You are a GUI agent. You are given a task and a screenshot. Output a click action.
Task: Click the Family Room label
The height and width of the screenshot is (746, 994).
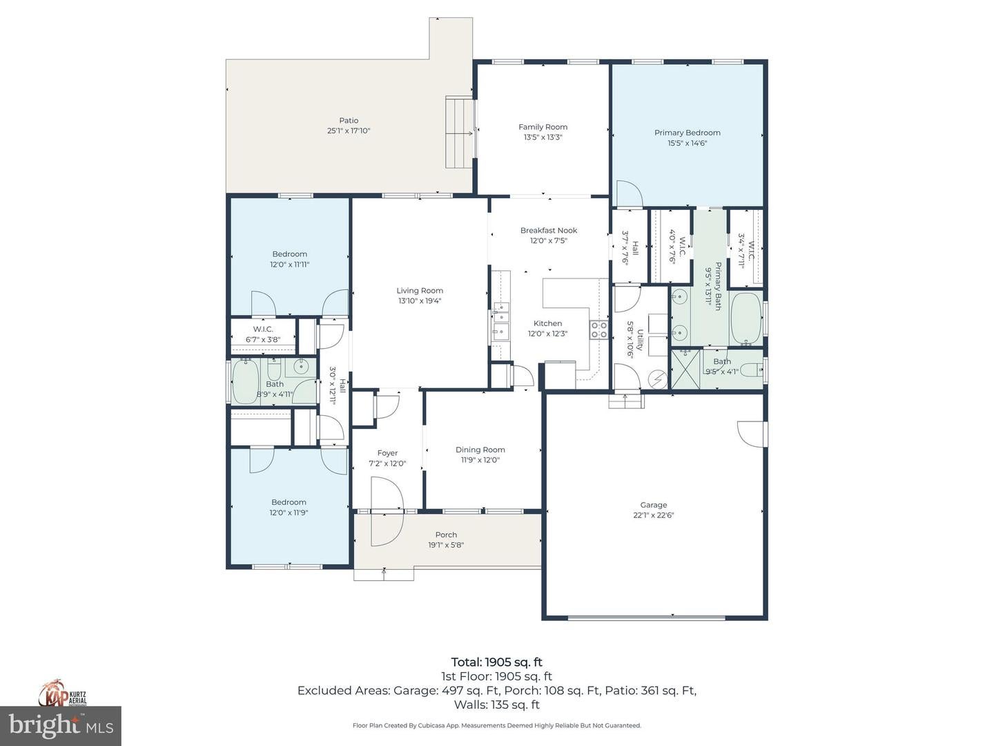[543, 127]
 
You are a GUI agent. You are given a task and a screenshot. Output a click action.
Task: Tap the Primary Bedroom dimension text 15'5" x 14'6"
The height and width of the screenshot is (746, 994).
[687, 144]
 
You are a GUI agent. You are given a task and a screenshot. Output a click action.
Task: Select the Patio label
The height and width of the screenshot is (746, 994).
[349, 121]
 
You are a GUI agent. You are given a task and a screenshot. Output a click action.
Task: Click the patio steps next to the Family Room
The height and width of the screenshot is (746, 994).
[458, 132]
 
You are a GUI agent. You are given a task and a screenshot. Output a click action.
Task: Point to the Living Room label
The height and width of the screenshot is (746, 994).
[420, 291]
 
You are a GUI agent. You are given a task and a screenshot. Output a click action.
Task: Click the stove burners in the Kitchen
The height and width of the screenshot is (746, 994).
[598, 329]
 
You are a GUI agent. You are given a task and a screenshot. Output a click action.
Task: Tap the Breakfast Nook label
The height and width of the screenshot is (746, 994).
[549, 231]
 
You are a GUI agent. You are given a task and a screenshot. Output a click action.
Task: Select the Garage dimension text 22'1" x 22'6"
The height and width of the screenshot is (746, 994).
[653, 515]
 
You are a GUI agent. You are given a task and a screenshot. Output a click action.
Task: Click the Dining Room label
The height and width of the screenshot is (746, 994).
[480, 450]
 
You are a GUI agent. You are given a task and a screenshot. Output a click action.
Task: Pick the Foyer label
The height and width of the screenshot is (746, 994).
[387, 453]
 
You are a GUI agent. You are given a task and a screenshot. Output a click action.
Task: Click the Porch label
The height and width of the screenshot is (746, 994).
[446, 535]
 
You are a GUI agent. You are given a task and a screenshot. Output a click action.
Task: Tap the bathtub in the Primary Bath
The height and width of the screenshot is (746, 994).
[745, 318]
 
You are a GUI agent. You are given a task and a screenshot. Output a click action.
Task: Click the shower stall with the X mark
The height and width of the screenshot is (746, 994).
[686, 370]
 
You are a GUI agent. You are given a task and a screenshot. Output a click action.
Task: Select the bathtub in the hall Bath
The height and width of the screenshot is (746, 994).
[244, 381]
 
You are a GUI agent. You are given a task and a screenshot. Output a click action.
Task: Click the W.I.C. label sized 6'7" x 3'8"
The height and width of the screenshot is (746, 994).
[263, 329]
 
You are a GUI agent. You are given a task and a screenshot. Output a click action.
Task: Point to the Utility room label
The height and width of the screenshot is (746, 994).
[640, 339]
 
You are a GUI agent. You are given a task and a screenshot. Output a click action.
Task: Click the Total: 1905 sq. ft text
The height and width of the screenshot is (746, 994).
[496, 662]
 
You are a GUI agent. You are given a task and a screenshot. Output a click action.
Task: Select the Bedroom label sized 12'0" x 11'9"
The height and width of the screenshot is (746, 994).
[289, 502]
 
